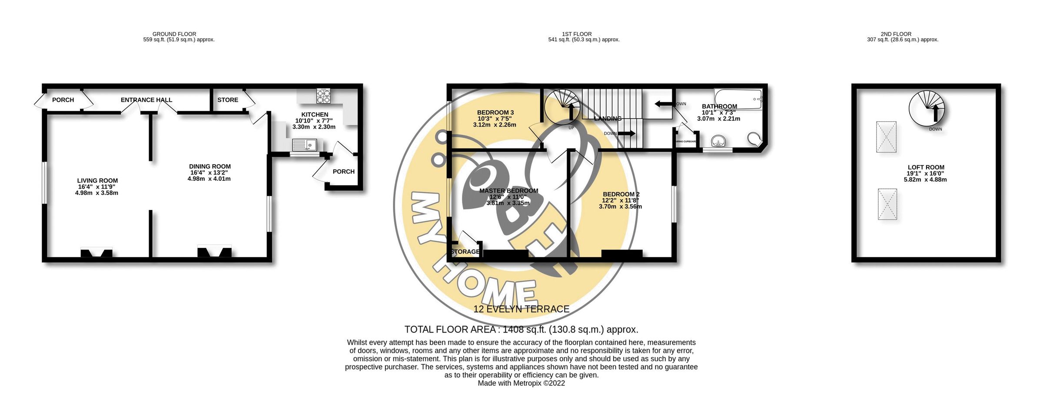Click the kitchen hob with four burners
coord(323,96)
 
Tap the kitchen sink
coord(304,144)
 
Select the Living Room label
coord(97,180)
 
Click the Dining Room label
coord(209,167)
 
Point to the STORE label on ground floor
coord(228,100)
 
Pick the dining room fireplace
coord(214,251)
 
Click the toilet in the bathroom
coord(755,139)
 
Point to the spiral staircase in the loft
coord(927,108)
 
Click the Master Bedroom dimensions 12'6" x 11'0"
coord(508,197)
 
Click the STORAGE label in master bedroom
coord(465,252)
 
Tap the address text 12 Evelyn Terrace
coord(521,309)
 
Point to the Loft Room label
coord(926,167)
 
